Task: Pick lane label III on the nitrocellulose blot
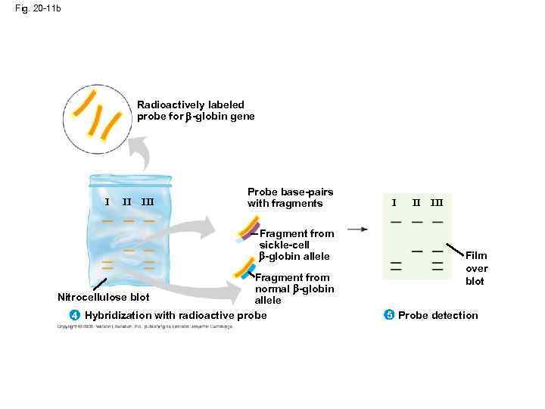coord(148,201)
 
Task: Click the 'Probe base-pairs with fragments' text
coord(290,198)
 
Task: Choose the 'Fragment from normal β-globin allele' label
coord(294,289)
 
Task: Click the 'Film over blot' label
coord(476,269)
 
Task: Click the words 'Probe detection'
coord(438,315)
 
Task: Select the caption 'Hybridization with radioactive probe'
coord(176,315)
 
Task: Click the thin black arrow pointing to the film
coord(357,228)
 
